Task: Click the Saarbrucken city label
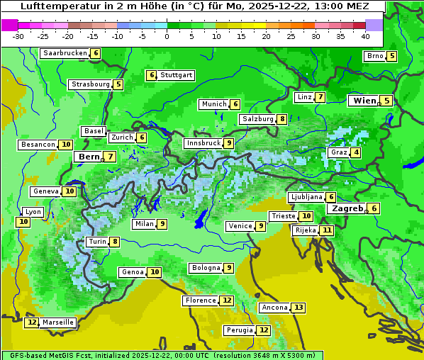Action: click(x=65, y=53)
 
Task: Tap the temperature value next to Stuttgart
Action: click(x=151, y=75)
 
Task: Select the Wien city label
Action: click(x=364, y=101)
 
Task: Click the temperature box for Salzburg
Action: click(x=282, y=119)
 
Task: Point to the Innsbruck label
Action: click(x=203, y=143)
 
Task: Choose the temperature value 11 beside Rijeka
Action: click(x=326, y=230)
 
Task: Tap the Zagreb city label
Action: click(x=347, y=208)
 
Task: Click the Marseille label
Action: click(x=58, y=322)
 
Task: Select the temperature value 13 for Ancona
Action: click(x=299, y=308)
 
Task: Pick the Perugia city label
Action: click(x=239, y=330)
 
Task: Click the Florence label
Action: click(x=200, y=300)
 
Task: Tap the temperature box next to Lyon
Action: click(x=23, y=222)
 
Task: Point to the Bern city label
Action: click(x=89, y=157)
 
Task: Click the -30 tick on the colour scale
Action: click(x=18, y=36)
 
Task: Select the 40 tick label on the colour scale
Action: click(x=365, y=36)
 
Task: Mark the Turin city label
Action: click(x=97, y=242)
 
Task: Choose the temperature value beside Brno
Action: click(x=391, y=57)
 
